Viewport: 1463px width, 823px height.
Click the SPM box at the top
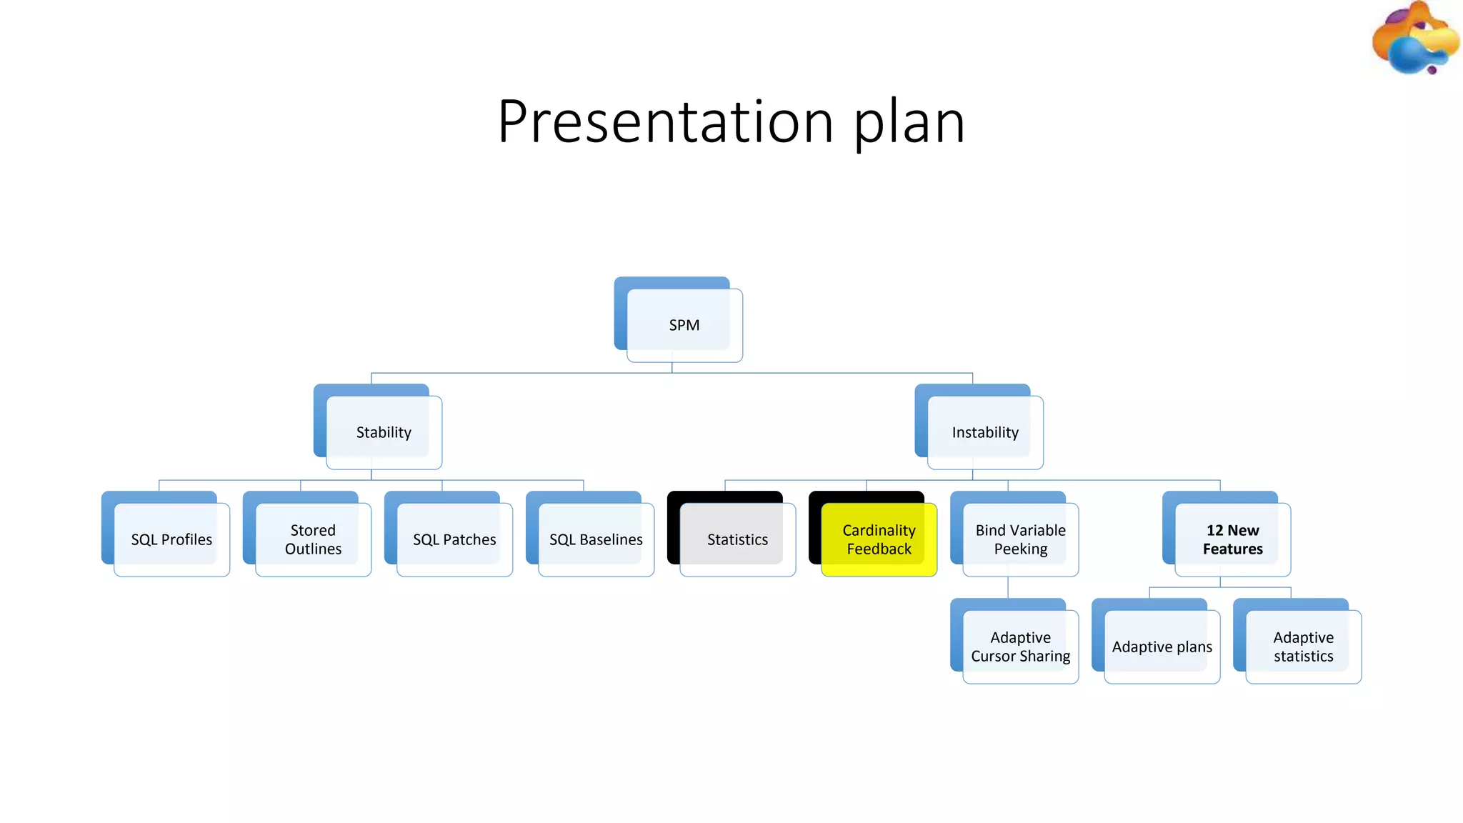click(684, 325)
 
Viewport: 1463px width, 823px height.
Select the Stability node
click(384, 432)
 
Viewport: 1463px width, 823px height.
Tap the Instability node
click(985, 432)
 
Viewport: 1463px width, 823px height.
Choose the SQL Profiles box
click(171, 539)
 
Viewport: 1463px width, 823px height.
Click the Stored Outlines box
click(313, 539)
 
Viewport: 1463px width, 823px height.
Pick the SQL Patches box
click(454, 539)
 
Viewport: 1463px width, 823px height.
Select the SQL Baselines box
click(596, 539)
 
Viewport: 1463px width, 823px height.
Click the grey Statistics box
click(737, 539)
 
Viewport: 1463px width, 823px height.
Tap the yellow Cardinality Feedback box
click(879, 539)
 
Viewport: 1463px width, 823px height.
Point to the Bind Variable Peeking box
click(1020, 539)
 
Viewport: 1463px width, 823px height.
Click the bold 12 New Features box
click(1232, 539)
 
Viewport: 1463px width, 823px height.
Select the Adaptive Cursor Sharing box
click(1020, 647)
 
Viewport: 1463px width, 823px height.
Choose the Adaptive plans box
click(1162, 647)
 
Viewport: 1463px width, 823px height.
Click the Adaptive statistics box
click(1303, 647)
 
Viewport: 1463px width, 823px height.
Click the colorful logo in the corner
click(1414, 39)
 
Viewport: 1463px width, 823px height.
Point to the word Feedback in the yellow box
click(879, 549)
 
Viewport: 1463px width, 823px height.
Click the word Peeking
click(1020, 549)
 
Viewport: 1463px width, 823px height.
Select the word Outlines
click(313, 549)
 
